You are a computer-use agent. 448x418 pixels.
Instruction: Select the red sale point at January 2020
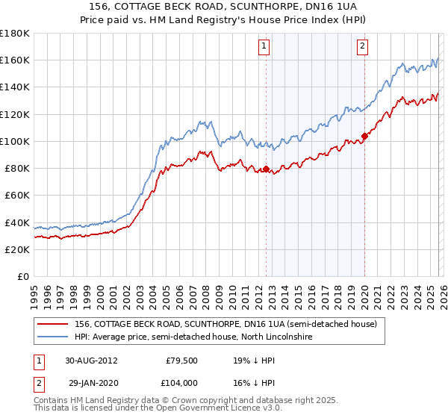tap(364, 136)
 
